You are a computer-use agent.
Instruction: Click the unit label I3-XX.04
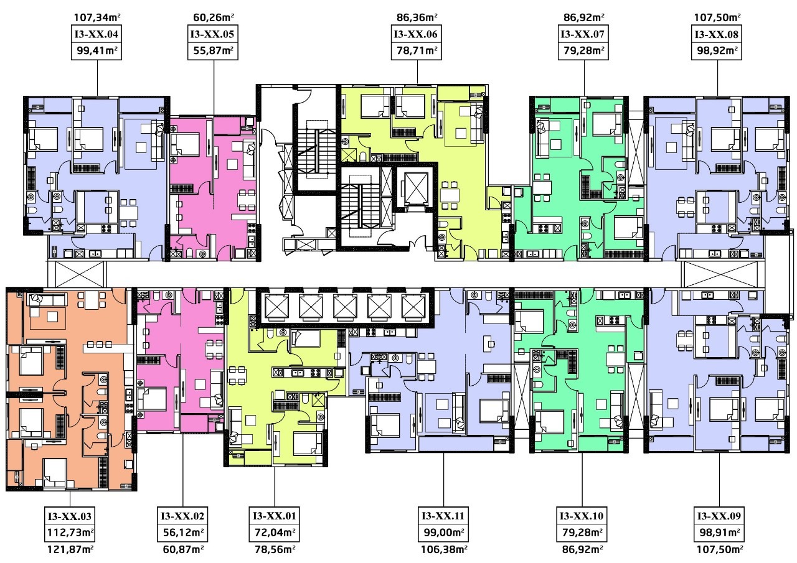[x=96, y=34]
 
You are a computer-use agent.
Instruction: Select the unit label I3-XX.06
[x=416, y=34]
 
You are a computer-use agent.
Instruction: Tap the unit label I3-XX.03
[x=70, y=516]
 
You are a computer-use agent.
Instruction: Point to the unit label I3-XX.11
[x=443, y=516]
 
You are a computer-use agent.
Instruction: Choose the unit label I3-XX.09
[x=719, y=516]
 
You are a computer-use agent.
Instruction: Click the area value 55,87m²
[x=213, y=50]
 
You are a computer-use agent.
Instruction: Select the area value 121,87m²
[x=70, y=549]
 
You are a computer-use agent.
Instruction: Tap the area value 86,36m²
[x=417, y=17]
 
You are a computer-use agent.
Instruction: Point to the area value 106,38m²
[x=444, y=549]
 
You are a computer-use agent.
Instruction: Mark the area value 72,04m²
[x=275, y=533]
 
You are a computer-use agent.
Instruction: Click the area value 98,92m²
[x=717, y=50]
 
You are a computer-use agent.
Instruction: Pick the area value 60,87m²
[x=183, y=549]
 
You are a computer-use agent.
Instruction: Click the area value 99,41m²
[x=97, y=50]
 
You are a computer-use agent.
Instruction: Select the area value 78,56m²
[x=275, y=549]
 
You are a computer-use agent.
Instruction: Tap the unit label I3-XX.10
[x=582, y=516]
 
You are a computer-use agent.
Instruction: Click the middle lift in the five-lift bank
[x=345, y=306]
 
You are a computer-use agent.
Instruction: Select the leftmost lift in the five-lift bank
[x=276, y=306]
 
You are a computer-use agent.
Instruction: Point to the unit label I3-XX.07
[x=582, y=34]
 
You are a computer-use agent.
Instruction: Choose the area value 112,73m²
[x=70, y=533]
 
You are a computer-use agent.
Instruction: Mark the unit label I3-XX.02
[x=182, y=516]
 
